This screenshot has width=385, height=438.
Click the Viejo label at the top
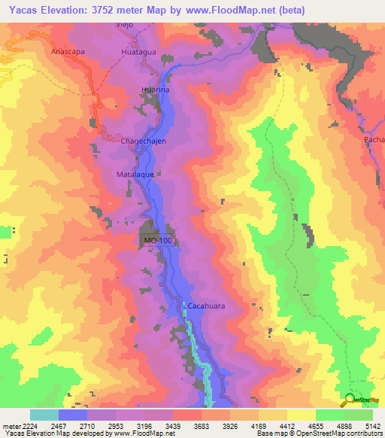click(125, 24)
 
